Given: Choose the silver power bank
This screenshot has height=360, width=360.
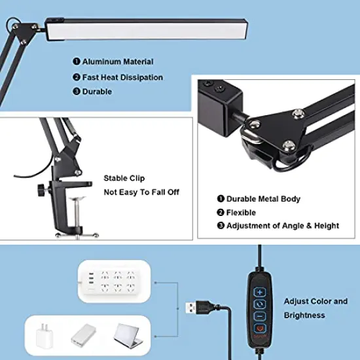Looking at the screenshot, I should point(86,336).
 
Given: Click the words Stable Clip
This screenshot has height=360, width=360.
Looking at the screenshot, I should point(124,178).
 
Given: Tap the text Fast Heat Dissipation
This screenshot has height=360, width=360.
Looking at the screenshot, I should point(122,77).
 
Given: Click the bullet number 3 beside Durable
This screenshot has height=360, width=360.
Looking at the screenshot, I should point(77,92).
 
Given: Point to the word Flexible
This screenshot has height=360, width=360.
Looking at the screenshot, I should point(242,213).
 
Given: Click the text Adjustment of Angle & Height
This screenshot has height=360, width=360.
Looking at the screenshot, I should point(283,226).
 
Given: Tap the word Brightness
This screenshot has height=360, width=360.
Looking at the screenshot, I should point(304,315).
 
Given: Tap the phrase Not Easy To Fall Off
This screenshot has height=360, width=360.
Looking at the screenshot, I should point(141,192).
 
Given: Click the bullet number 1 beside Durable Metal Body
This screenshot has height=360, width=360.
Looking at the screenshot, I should point(221,199).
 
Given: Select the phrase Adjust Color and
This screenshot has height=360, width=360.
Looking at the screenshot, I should point(315,302).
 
